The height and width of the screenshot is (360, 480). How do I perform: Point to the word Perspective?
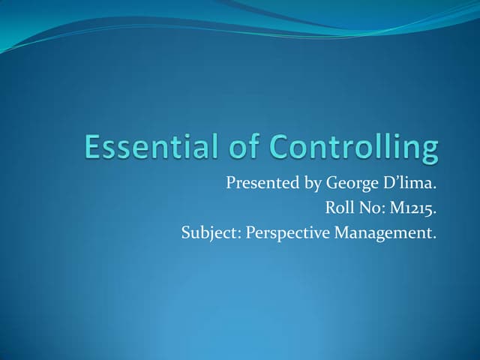coord(289,233)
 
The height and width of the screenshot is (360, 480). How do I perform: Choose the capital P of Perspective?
coord(250,232)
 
